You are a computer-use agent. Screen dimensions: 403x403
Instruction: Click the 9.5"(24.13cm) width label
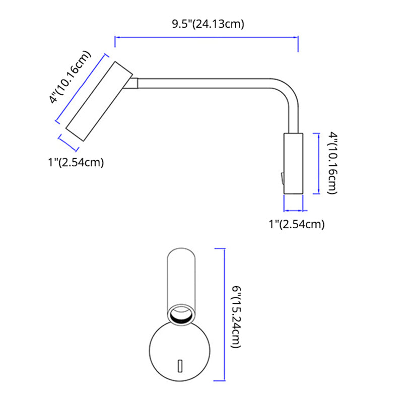[x=207, y=23]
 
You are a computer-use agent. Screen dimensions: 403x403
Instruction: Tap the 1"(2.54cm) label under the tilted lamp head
[x=76, y=163]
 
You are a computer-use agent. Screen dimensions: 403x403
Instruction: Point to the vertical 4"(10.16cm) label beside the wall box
[x=332, y=163]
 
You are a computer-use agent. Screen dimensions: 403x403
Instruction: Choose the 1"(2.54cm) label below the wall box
[x=296, y=224]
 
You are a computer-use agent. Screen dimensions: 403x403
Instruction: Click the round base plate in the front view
[x=180, y=353]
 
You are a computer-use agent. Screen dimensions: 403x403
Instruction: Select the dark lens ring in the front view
[x=180, y=315]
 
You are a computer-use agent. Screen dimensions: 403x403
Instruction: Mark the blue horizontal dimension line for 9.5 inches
[x=207, y=36]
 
